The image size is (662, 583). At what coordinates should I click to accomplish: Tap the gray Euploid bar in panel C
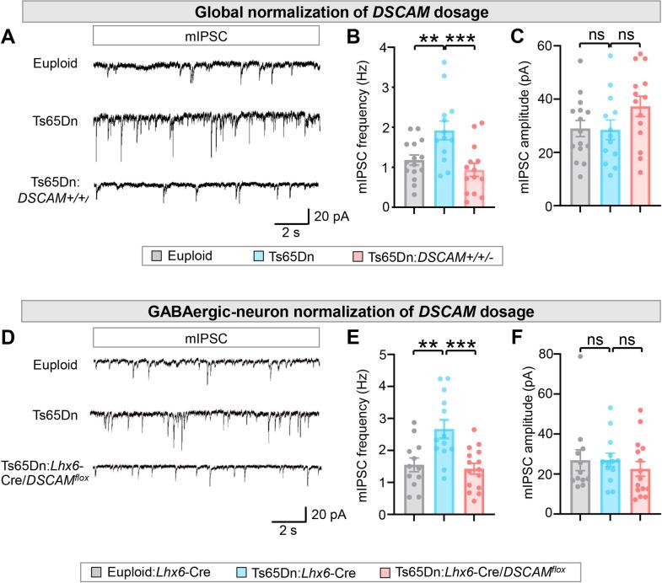[x=579, y=168]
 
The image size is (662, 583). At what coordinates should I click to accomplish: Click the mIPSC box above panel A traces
[x=206, y=35]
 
